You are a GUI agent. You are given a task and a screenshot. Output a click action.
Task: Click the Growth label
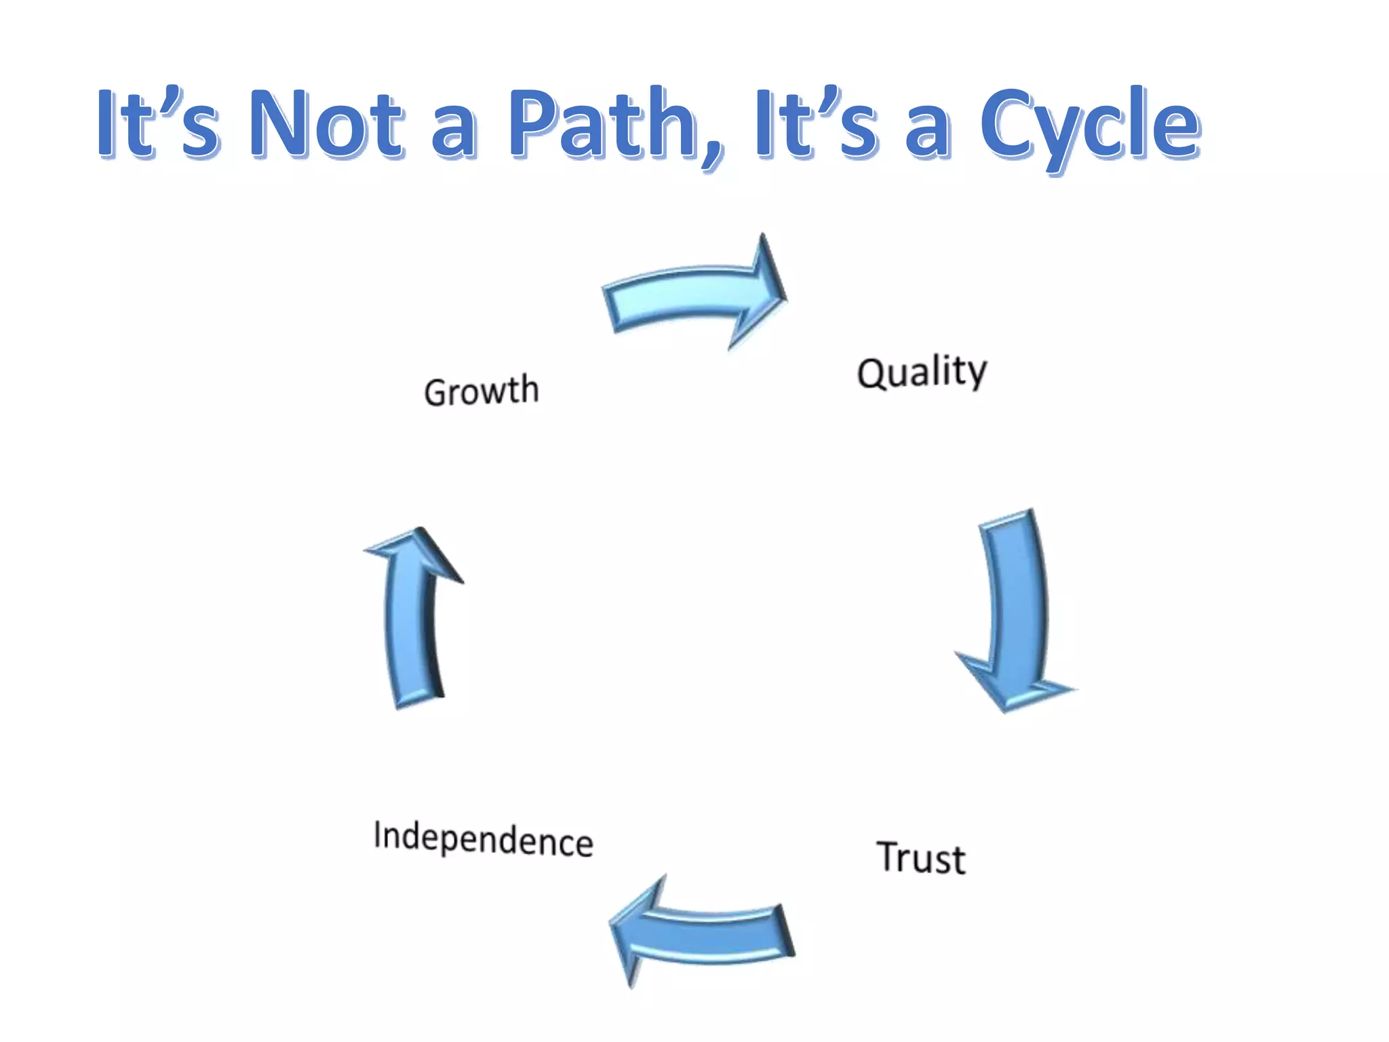(x=482, y=391)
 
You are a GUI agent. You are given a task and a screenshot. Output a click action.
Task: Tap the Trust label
(x=920, y=858)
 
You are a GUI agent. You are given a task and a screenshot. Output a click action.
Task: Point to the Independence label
(x=483, y=838)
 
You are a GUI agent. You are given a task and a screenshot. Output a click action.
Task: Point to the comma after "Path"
(x=712, y=153)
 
